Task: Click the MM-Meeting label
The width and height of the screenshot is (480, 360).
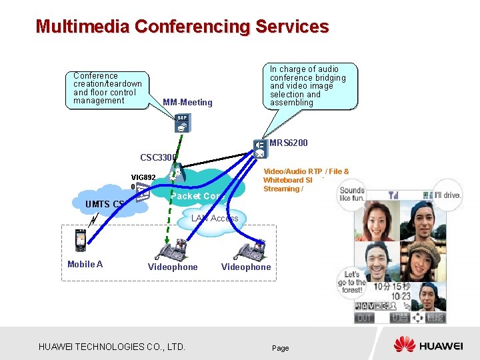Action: [187, 102]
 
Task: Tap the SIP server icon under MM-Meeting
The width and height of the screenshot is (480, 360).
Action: [182, 123]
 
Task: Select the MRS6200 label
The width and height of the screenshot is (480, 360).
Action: [289, 143]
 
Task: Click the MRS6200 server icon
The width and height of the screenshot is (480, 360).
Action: [260, 148]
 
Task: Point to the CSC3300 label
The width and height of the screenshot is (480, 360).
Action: [158, 158]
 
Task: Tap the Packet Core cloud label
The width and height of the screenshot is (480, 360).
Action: [195, 196]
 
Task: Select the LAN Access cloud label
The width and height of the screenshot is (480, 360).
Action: [214, 218]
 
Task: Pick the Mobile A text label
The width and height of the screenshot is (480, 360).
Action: [85, 264]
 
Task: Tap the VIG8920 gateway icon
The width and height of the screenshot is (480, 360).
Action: [142, 193]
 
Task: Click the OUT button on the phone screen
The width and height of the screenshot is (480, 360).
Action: [364, 318]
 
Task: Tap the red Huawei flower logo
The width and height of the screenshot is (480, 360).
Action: [404, 345]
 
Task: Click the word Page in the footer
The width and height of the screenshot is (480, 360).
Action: [281, 348]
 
